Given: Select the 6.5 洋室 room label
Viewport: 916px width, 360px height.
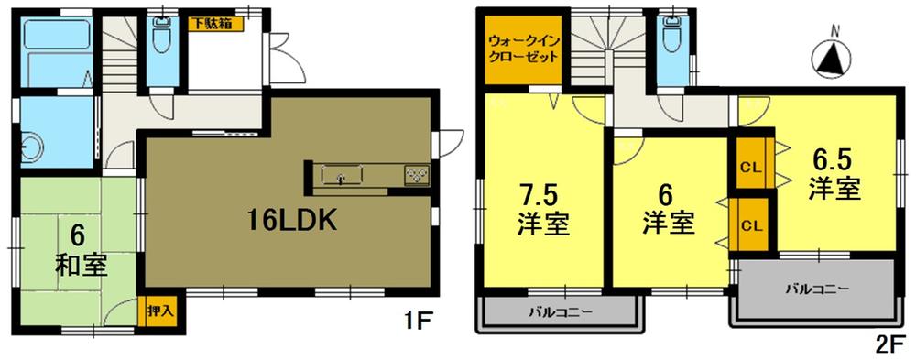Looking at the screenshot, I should (834, 176).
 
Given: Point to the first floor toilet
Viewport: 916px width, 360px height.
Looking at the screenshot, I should (162, 39).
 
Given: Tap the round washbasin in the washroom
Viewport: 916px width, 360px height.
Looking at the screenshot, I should (33, 147).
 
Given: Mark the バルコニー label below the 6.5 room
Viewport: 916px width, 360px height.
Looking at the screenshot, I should (816, 289).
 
